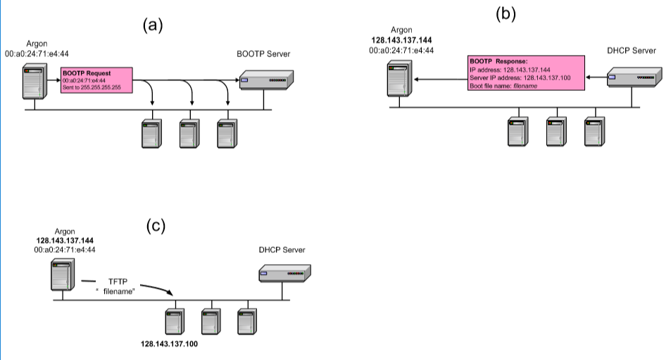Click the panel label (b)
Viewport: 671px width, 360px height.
(x=505, y=13)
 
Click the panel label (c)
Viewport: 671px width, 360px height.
(x=156, y=226)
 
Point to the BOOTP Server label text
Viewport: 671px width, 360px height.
(x=263, y=54)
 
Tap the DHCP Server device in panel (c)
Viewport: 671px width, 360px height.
(x=284, y=272)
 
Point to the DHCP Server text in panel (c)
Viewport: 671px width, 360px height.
(x=283, y=250)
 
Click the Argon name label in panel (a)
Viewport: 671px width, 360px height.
(x=37, y=44)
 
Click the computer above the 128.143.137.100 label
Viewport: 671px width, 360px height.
(x=173, y=322)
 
